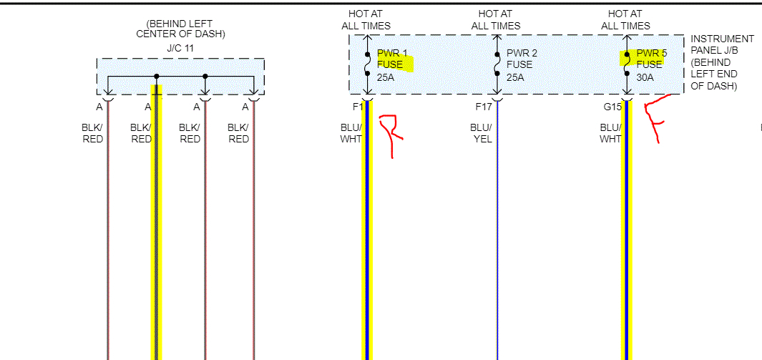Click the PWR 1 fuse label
392,53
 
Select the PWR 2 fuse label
522,53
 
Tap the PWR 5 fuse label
651,53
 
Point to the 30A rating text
645,77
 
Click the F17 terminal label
484,107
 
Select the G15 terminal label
612,107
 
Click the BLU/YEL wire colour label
481,133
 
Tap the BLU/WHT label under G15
610,133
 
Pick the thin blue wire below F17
497,250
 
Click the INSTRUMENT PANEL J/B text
722,44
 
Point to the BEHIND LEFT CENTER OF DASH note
180,29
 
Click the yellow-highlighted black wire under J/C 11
156,250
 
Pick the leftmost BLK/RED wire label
92,133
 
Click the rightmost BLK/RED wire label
238,133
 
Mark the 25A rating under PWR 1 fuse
386,77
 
